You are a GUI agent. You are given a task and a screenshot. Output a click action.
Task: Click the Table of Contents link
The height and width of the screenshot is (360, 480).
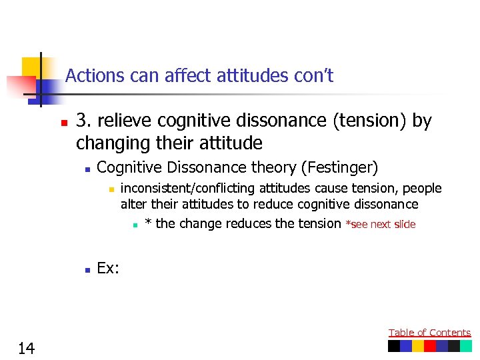[x=429, y=333]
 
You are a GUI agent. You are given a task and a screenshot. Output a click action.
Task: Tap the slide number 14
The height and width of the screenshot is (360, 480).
[x=27, y=348]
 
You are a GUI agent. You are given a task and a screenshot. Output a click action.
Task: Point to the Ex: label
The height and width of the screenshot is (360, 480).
[x=109, y=268]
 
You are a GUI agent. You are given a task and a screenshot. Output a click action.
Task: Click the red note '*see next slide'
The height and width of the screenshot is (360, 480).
[x=381, y=225]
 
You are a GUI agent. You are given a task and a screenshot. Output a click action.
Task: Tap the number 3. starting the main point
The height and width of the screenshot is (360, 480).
[x=83, y=121]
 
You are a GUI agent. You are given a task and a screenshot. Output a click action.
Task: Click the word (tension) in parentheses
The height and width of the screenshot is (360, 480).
[x=370, y=121]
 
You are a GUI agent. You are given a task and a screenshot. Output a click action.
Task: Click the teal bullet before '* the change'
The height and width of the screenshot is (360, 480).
[x=135, y=225]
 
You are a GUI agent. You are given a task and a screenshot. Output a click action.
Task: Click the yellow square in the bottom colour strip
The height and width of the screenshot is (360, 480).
[x=418, y=346]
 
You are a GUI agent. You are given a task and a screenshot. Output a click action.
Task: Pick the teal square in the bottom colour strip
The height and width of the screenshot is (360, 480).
[x=465, y=346]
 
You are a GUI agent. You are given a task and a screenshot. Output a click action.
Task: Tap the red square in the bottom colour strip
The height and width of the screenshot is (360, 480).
[x=430, y=346]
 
